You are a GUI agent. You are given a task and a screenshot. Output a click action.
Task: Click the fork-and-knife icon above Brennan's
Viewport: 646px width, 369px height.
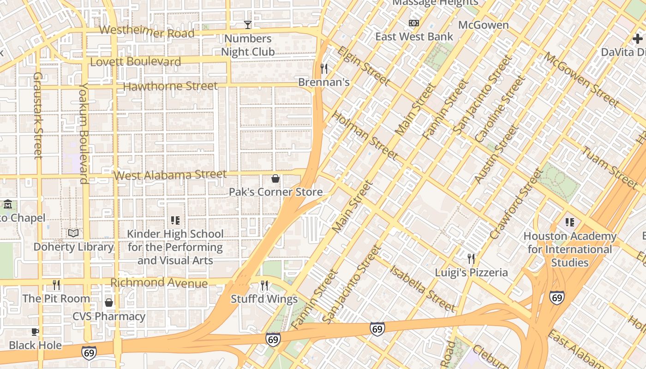(324, 69)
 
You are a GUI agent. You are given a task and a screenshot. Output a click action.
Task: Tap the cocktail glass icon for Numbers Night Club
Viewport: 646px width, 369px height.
(248, 25)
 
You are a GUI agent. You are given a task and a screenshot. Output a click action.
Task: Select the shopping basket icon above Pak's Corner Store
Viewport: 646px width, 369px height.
(275, 179)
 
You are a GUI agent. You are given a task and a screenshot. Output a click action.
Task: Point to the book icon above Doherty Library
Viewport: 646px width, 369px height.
(73, 233)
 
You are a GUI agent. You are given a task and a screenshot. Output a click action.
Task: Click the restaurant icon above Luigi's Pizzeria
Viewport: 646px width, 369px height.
(471, 258)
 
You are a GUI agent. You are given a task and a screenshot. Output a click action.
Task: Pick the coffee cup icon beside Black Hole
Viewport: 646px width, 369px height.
(35, 332)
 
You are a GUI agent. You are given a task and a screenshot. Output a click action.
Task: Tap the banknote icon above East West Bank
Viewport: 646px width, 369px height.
(414, 23)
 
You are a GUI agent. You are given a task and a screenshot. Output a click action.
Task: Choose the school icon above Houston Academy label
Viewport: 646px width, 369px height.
(570, 222)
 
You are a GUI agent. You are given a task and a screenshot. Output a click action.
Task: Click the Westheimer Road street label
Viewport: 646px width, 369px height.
(147, 32)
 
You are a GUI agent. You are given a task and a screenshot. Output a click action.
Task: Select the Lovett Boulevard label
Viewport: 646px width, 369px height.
(136, 62)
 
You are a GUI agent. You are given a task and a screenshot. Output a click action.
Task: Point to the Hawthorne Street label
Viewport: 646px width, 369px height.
(170, 86)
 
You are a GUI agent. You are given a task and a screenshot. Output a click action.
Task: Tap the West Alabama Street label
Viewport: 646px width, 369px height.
(170, 175)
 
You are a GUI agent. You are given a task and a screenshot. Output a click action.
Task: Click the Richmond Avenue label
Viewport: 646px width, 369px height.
(159, 282)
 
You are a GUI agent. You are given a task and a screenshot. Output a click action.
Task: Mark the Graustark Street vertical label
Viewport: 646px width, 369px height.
(38, 115)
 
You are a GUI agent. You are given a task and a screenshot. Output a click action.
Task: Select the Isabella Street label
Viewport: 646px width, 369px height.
(422, 287)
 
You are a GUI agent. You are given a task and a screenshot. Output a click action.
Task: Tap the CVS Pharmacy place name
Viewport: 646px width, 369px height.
(109, 316)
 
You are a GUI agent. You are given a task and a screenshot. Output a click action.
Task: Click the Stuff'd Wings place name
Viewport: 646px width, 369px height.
(264, 299)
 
